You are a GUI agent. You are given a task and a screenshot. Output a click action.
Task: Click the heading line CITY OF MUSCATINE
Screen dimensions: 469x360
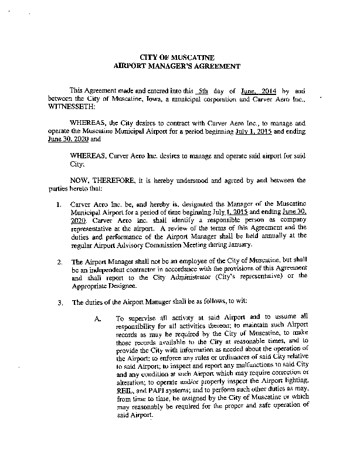point(179,57)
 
